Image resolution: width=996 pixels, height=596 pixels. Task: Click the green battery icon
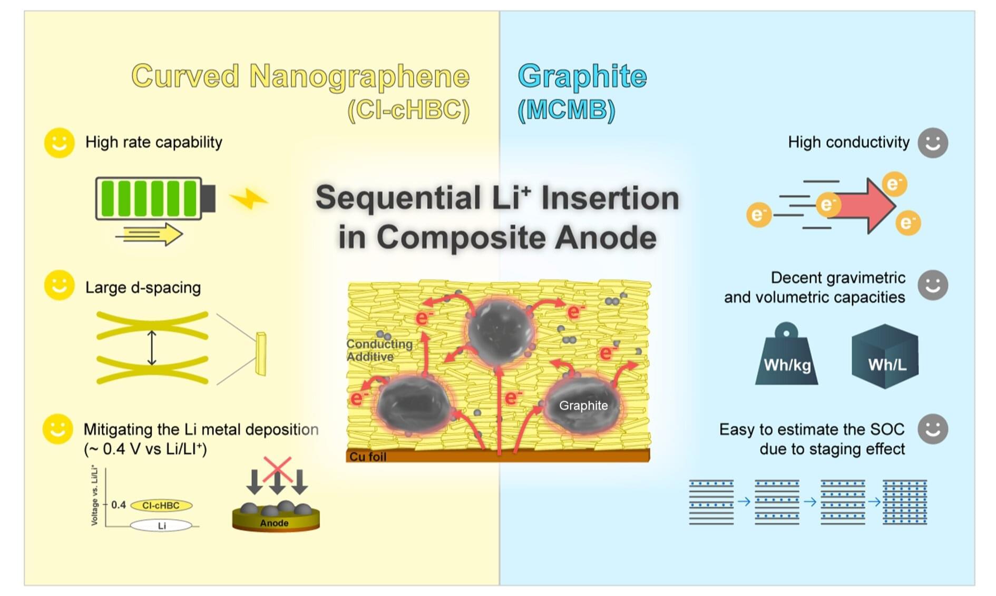pyautogui.click(x=155, y=198)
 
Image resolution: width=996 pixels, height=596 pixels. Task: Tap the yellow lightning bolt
pyautogui.click(x=249, y=199)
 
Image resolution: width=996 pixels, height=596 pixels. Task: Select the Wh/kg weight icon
pyautogui.click(x=787, y=356)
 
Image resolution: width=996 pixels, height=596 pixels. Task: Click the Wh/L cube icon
pyautogui.click(x=885, y=356)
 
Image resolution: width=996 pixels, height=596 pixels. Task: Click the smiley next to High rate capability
pyautogui.click(x=59, y=143)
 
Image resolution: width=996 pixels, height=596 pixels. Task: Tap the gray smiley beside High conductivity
pyautogui.click(x=932, y=143)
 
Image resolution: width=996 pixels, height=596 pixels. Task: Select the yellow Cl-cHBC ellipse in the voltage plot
pyautogui.click(x=161, y=505)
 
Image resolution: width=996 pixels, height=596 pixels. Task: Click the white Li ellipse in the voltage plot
pyautogui.click(x=161, y=525)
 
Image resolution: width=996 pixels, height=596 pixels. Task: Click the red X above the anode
pyautogui.click(x=277, y=470)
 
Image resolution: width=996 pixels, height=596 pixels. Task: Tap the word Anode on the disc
pyautogui.click(x=274, y=523)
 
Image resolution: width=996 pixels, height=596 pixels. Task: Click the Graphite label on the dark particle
pyautogui.click(x=583, y=405)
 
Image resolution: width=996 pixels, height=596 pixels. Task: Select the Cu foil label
pyautogui.click(x=368, y=456)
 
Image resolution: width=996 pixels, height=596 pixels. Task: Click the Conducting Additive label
pyautogui.click(x=379, y=350)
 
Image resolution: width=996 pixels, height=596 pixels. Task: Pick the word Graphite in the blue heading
pyautogui.click(x=582, y=76)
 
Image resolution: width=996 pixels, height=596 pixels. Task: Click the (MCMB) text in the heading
pyautogui.click(x=567, y=110)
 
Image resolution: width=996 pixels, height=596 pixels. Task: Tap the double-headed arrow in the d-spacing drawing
pyautogui.click(x=152, y=348)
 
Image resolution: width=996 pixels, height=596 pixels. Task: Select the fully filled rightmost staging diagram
pyautogui.click(x=904, y=502)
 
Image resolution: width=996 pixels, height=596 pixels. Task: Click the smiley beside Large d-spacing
pyautogui.click(x=59, y=285)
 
